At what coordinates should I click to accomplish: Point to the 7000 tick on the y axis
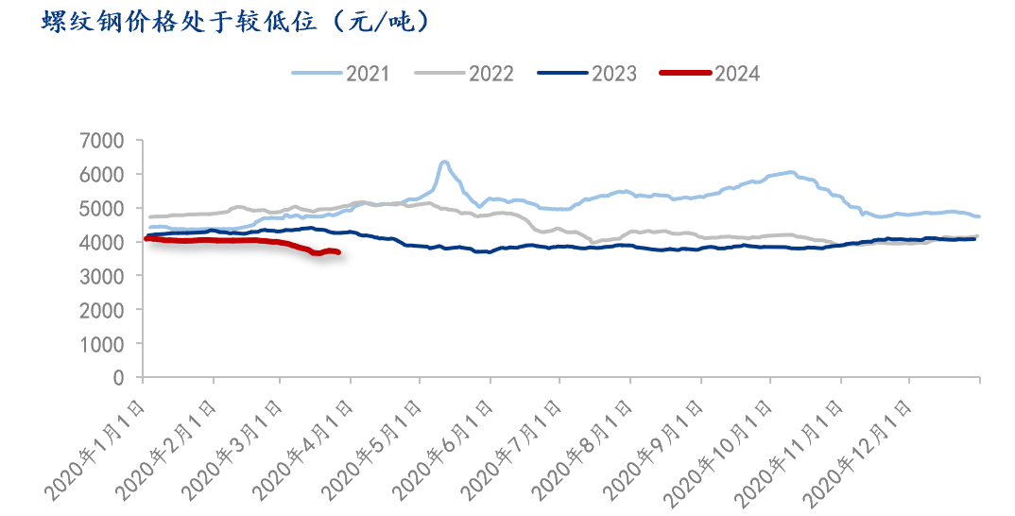[104, 141]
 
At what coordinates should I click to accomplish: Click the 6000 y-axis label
[104, 175]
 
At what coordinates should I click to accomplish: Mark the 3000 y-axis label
[104, 276]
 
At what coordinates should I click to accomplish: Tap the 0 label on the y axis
[119, 378]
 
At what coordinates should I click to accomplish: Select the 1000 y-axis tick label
[104, 344]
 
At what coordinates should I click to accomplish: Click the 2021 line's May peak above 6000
[444, 163]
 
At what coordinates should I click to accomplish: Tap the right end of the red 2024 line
[338, 252]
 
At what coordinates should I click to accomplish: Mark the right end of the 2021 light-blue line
[978, 216]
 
